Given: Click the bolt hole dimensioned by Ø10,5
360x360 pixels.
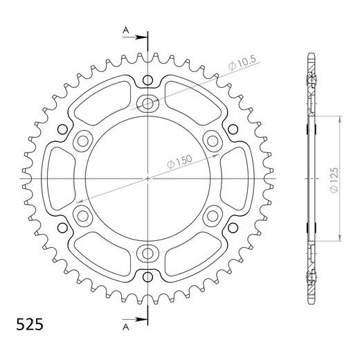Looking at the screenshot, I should (x=147, y=104).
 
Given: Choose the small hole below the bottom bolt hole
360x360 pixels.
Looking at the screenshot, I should (x=147, y=277).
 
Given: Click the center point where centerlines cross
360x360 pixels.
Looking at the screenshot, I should (x=147, y=178).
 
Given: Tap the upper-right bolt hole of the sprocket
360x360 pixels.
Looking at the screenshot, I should (x=211, y=141).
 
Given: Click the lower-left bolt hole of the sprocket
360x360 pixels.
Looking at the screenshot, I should (x=84, y=215).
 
